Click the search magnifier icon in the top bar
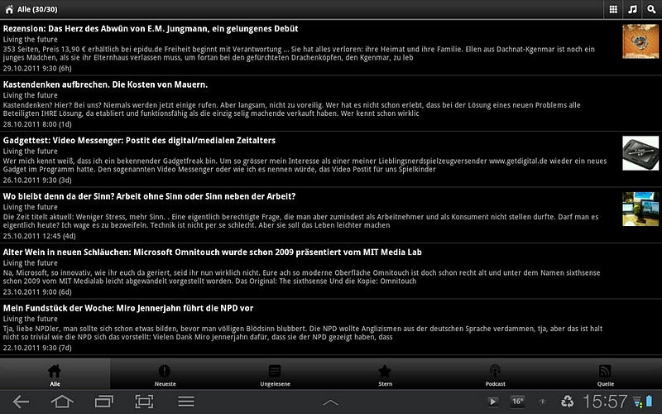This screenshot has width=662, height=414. pos(651,9)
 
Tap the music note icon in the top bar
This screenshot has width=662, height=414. pos(632,9)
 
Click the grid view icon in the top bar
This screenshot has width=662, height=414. pos(612,9)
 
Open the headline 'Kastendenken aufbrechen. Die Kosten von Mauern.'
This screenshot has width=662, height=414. pos(105,84)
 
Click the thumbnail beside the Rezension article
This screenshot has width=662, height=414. pos(640,41)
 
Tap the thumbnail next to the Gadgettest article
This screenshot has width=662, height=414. pos(640,153)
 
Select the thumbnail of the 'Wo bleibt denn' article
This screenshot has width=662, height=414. pos(640,209)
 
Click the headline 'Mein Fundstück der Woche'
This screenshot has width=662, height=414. pos(128,308)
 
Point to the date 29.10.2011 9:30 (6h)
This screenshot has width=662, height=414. pos(37,68)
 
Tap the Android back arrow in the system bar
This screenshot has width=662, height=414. pos(21,402)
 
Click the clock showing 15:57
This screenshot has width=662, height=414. pos(605,402)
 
